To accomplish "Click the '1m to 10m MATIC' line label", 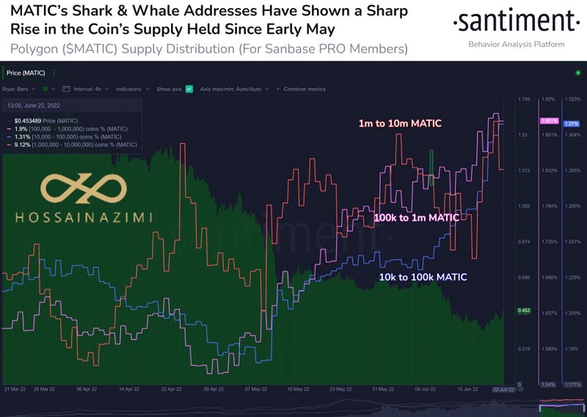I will tap(399, 123).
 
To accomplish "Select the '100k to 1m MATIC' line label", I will tap(417, 218).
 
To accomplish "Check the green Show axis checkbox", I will tap(189, 89).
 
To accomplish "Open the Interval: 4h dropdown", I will tap(89, 89).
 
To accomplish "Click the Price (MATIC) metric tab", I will tap(26, 73).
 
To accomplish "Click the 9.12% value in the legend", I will tap(22, 145).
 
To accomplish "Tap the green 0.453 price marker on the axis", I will tap(525, 311).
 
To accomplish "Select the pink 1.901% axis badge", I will tap(549, 120).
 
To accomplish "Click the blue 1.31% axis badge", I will tap(572, 123).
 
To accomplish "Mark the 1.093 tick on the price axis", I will tap(525, 206).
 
